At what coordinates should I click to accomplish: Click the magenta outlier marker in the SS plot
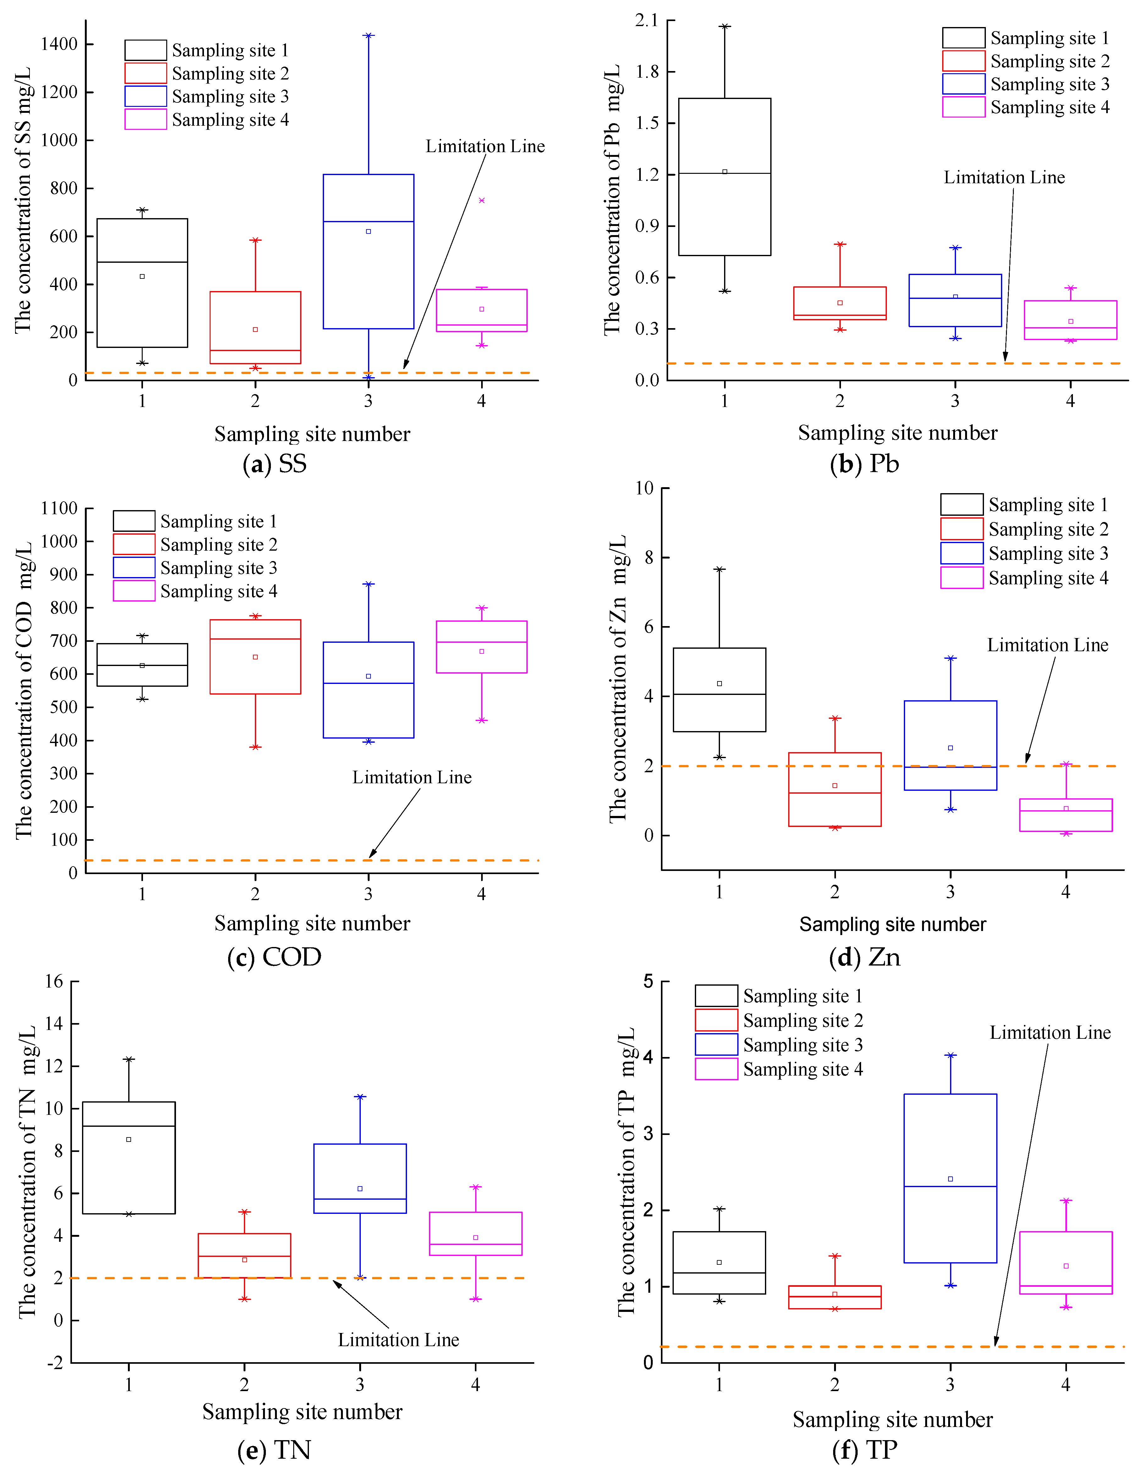pyautogui.click(x=481, y=201)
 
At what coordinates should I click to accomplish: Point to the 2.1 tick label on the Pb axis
pyautogui.click(x=646, y=21)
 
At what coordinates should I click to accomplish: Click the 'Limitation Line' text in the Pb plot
pyautogui.click(x=1004, y=178)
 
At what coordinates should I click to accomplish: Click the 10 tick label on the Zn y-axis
pyautogui.click(x=644, y=488)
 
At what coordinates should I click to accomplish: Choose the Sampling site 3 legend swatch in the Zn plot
pyautogui.click(x=962, y=553)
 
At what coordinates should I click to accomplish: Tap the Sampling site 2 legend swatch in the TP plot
pyautogui.click(x=716, y=1020)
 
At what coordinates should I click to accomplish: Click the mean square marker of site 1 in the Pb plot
pyautogui.click(x=724, y=172)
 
